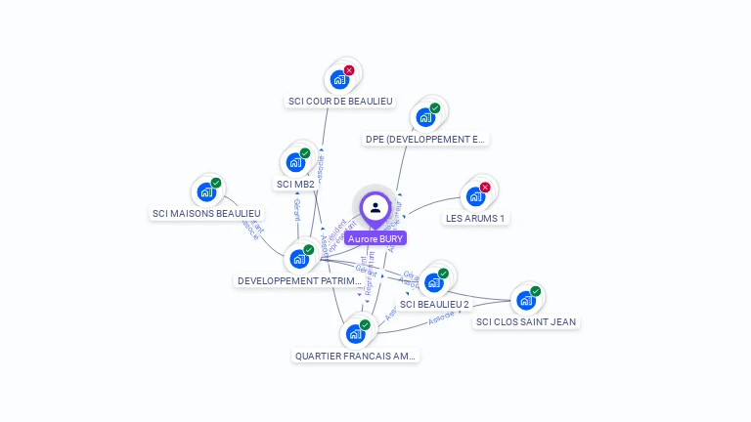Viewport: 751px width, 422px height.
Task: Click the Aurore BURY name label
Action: click(375, 238)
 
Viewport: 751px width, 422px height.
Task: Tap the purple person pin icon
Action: click(375, 207)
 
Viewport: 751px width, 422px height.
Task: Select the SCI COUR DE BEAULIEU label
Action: click(340, 101)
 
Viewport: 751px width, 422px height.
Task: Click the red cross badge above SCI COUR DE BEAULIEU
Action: click(349, 70)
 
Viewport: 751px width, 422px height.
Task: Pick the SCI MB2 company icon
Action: click(295, 163)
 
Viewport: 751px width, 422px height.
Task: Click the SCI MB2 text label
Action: click(295, 184)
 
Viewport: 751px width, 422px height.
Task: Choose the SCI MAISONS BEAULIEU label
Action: click(207, 213)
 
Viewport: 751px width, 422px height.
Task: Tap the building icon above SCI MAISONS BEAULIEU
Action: click(206, 191)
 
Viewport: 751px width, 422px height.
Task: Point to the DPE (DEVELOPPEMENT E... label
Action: click(424, 139)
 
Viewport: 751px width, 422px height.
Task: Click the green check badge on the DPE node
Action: click(435, 108)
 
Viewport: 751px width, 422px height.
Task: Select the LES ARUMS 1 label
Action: click(475, 218)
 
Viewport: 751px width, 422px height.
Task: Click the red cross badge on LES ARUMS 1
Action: click(485, 188)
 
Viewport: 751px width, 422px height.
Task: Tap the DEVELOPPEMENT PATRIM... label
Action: click(299, 280)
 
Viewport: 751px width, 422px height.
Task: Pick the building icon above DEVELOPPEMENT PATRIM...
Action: click(299, 259)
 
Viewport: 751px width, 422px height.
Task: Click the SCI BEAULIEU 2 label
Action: click(434, 304)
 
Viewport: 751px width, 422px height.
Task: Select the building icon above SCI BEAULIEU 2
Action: click(434, 282)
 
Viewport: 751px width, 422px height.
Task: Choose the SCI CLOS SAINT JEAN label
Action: click(526, 321)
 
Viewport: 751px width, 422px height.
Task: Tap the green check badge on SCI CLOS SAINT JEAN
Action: click(535, 291)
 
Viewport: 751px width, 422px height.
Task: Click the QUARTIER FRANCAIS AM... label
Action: click(356, 356)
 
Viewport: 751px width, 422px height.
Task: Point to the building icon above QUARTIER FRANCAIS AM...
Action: click(356, 334)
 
